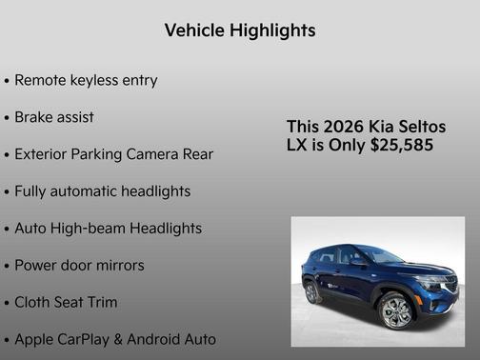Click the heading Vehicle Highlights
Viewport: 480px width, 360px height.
[x=239, y=30]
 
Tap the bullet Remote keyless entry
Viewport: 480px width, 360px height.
[x=86, y=81]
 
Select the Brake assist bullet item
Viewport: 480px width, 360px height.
[x=54, y=117]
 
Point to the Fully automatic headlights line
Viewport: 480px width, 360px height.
[x=102, y=191]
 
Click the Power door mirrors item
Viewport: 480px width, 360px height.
[x=79, y=266]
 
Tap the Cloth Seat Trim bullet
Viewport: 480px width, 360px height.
[x=66, y=302]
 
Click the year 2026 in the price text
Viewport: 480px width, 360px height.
[x=342, y=127]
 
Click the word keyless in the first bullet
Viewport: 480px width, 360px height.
[x=98, y=81]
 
